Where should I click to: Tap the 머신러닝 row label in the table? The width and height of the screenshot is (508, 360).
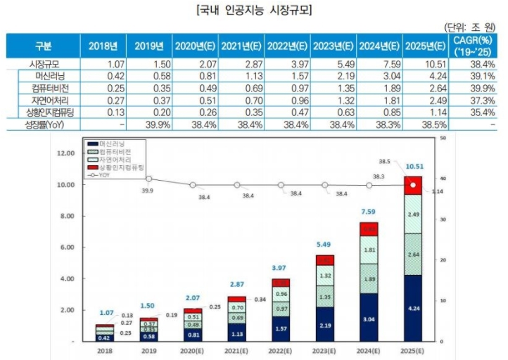tap(44, 76)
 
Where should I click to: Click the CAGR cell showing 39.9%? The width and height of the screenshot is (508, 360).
tap(476, 88)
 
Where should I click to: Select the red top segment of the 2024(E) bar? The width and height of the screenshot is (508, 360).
tap(369, 229)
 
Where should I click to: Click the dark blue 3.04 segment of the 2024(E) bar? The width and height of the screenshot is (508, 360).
tap(369, 317)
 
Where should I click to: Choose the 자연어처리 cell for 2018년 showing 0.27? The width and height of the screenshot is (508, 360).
tap(103, 100)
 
